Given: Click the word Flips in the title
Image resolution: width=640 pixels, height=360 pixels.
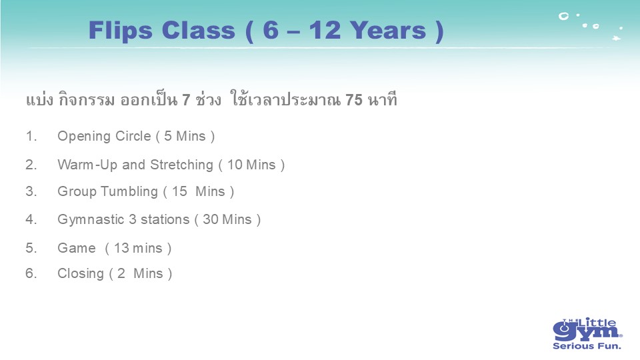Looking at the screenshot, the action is tap(121, 31).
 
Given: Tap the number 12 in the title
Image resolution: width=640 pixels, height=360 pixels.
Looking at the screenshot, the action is tap(325, 30).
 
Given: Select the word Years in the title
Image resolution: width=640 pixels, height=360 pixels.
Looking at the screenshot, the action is tap(388, 30).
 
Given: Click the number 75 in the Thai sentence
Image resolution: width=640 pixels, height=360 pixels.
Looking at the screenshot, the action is tap(353, 99).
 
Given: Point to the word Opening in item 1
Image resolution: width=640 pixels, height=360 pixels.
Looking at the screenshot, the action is tap(84, 137).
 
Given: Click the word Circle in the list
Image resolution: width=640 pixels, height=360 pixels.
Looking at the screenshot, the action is tap(133, 136).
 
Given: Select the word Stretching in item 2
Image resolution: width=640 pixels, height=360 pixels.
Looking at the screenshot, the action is tap(181, 165).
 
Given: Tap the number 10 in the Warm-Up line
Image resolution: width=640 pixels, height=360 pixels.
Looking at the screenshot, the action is tap(235, 165).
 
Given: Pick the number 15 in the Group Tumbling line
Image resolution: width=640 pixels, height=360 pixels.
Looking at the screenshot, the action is tap(179, 191).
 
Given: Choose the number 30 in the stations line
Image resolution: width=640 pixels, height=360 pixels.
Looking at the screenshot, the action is tap(211, 219).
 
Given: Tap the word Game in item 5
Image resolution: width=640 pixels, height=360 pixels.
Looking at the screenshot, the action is tap(76, 248).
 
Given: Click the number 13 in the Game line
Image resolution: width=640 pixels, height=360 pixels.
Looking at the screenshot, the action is tap(121, 248).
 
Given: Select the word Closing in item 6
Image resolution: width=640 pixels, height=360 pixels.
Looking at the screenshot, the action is tap(81, 274).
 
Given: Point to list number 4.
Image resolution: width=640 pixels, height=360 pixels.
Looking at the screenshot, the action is tap(31, 219).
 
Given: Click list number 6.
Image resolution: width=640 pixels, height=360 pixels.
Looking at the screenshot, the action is tap(31, 273).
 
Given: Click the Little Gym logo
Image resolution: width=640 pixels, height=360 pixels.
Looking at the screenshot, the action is tap(587, 329).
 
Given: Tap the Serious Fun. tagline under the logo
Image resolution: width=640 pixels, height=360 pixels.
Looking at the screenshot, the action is tap(587, 346).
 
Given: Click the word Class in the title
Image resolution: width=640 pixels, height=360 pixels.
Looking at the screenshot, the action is tap(199, 30).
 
